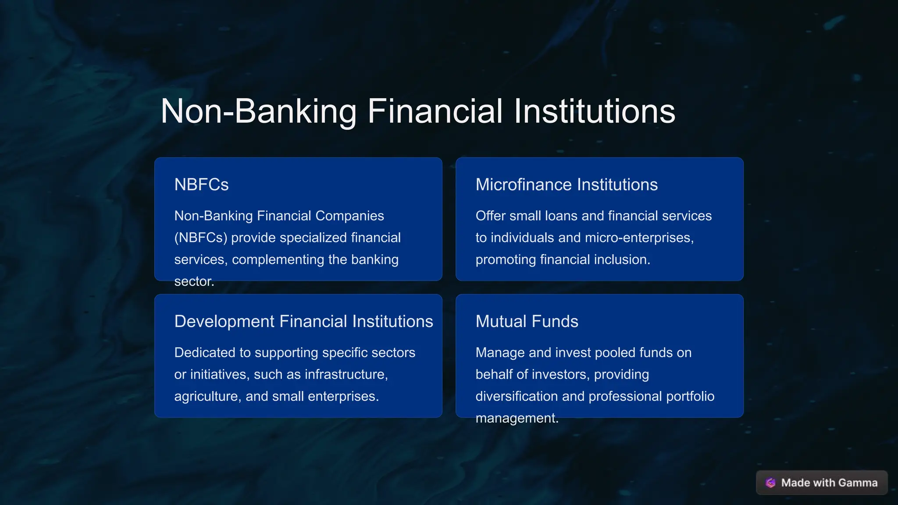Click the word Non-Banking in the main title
click(x=259, y=111)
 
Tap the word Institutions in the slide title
click(x=594, y=111)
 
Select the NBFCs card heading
click(x=201, y=185)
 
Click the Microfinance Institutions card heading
click(x=567, y=185)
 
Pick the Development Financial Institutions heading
click(x=303, y=321)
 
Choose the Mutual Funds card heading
click(x=527, y=321)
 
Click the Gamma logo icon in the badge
click(x=770, y=483)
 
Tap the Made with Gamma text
click(x=829, y=483)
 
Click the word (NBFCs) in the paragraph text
click(x=201, y=238)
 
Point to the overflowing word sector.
click(x=194, y=281)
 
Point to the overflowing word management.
click(x=517, y=418)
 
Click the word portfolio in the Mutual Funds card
click(x=690, y=396)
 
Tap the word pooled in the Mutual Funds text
click(x=615, y=352)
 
